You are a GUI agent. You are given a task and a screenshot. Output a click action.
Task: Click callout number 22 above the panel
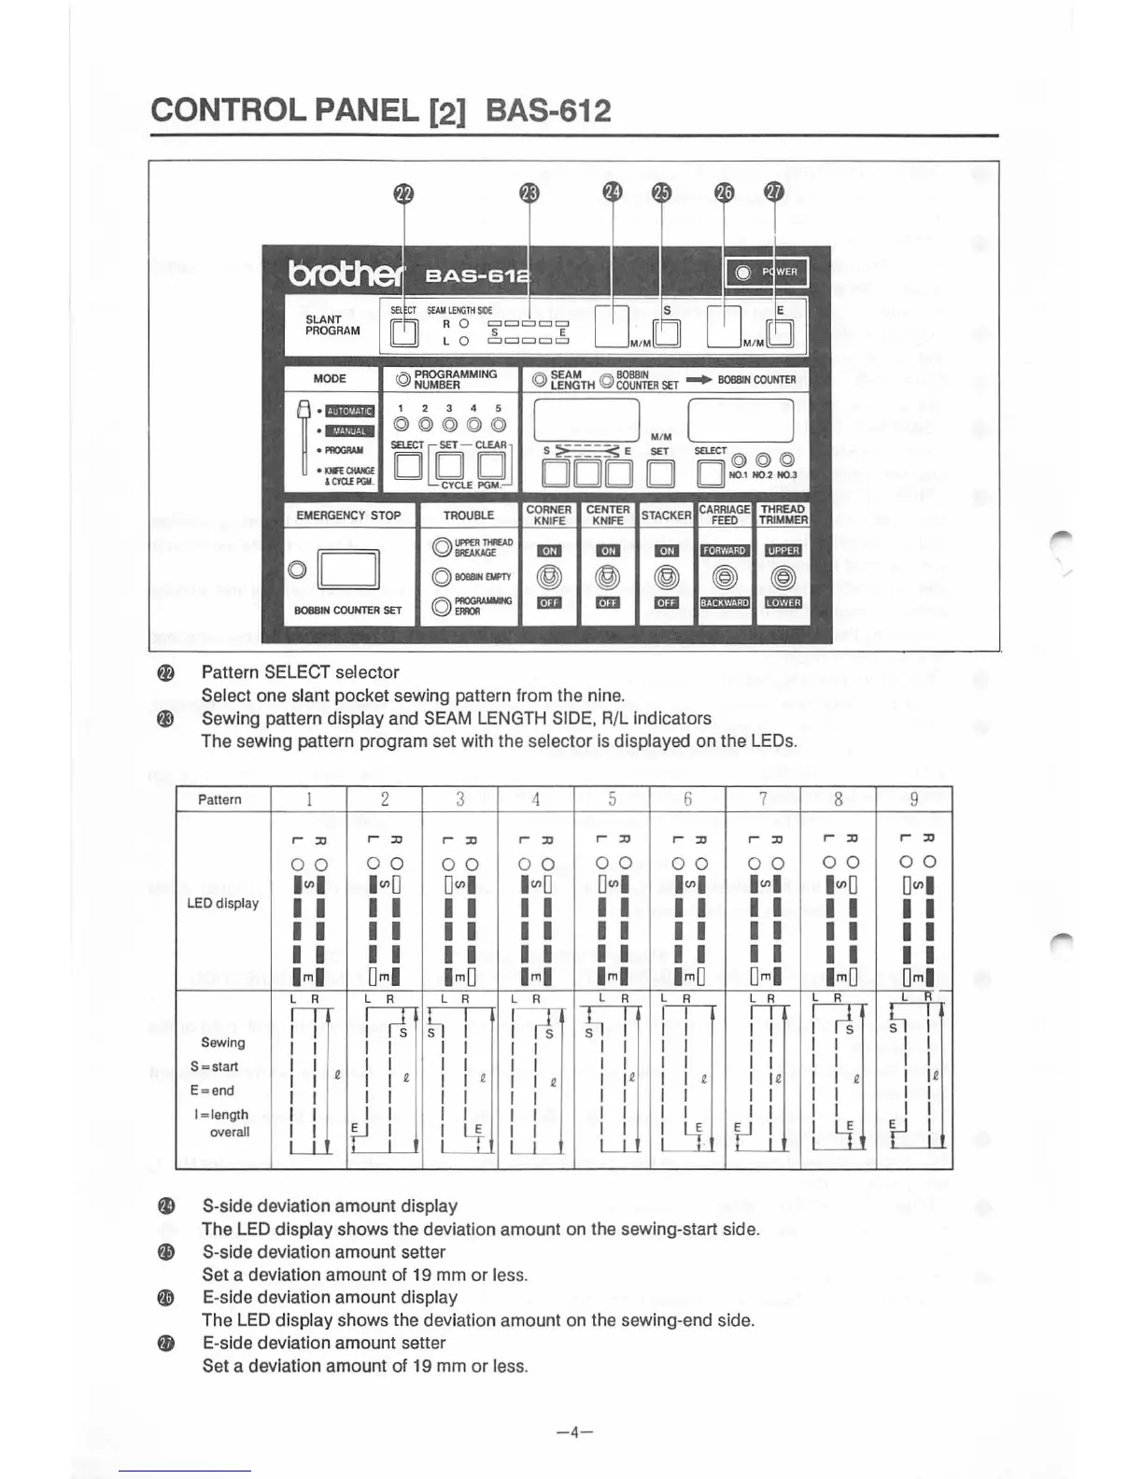[x=402, y=193]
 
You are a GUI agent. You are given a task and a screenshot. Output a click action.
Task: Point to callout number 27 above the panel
[x=774, y=192]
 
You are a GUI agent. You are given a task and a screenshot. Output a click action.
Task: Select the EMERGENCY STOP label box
[x=348, y=515]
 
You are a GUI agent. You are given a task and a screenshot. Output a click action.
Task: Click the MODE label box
[x=330, y=378]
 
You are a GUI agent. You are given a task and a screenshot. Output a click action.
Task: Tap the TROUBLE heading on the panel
[x=469, y=515]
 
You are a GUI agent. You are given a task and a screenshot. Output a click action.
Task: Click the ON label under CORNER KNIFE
[x=549, y=551]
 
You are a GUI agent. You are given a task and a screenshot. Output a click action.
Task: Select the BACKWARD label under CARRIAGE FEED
[x=725, y=603]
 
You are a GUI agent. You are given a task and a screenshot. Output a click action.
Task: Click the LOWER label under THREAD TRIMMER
[x=783, y=603]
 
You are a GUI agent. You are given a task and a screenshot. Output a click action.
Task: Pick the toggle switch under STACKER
[x=666, y=577]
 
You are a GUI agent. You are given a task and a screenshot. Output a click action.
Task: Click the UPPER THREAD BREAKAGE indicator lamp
[x=442, y=548]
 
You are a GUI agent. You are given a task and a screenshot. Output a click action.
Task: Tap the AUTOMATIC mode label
[x=349, y=411]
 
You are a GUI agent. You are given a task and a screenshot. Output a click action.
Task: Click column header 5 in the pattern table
[x=612, y=799]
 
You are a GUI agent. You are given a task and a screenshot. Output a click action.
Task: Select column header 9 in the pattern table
[x=914, y=799]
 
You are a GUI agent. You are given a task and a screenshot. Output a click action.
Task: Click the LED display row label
[x=223, y=904]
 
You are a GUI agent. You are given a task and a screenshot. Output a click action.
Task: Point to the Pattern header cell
[x=220, y=800]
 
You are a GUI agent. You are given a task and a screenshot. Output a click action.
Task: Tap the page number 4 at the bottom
[x=573, y=1430]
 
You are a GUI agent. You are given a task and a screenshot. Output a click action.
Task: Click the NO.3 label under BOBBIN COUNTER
[x=786, y=474]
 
